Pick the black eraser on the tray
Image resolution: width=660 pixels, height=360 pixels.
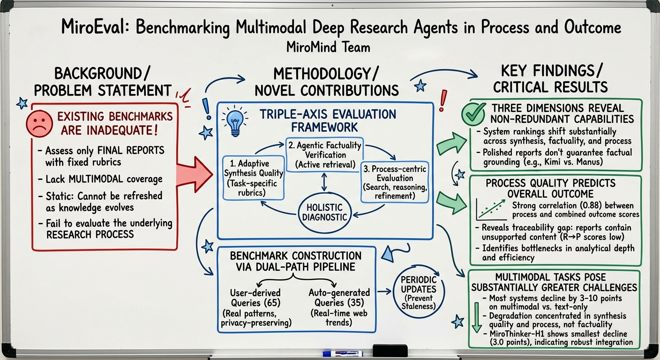[x=390, y=351]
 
